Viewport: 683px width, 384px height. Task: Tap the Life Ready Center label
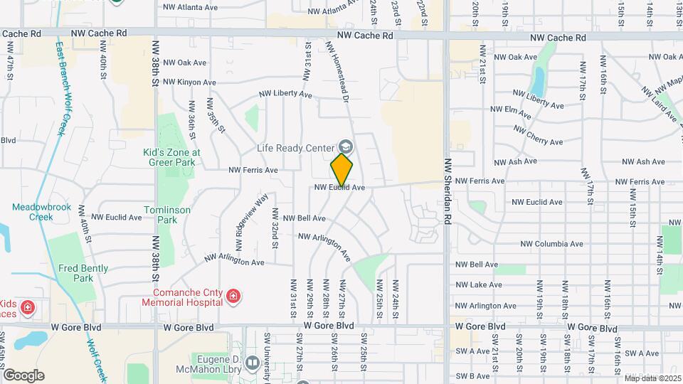pyautogui.click(x=295, y=148)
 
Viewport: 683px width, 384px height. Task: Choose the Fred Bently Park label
pyautogui.click(x=76, y=273)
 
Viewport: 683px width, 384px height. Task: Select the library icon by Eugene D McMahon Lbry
pyautogui.click(x=251, y=364)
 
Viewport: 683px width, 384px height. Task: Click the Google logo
pyautogui.click(x=23, y=375)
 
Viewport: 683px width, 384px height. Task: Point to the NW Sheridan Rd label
pyautogui.click(x=448, y=192)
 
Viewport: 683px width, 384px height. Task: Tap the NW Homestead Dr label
pyautogui.click(x=339, y=71)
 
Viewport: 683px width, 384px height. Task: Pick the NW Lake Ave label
pyautogui.click(x=479, y=284)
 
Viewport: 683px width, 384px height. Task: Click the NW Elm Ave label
pyautogui.click(x=511, y=112)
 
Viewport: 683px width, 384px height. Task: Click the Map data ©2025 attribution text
pyautogui.click(x=652, y=378)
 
